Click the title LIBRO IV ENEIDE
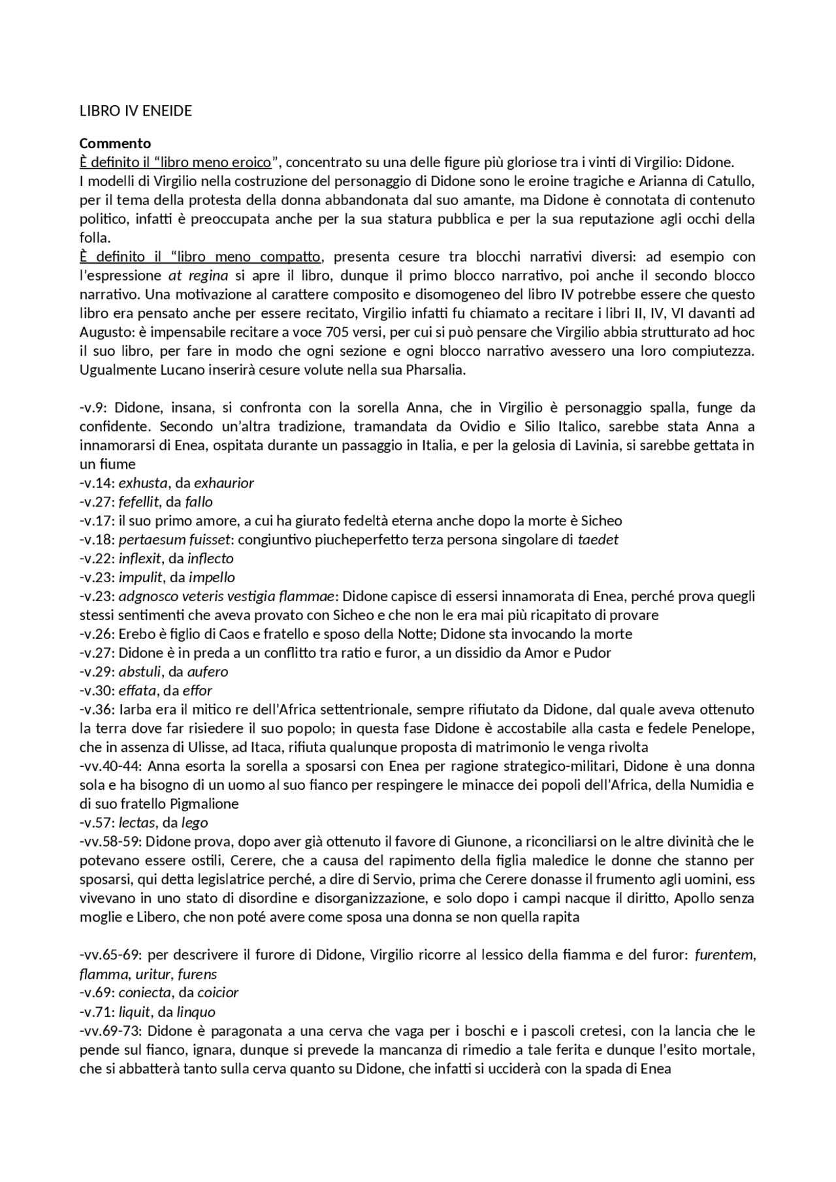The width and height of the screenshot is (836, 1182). (x=136, y=111)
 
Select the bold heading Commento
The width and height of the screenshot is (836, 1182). (x=115, y=143)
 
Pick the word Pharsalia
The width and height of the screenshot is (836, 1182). (x=433, y=370)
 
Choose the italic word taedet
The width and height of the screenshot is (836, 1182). (x=598, y=540)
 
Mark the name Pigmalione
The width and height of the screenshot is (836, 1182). (x=204, y=803)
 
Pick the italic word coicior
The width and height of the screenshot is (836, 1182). (x=218, y=993)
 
